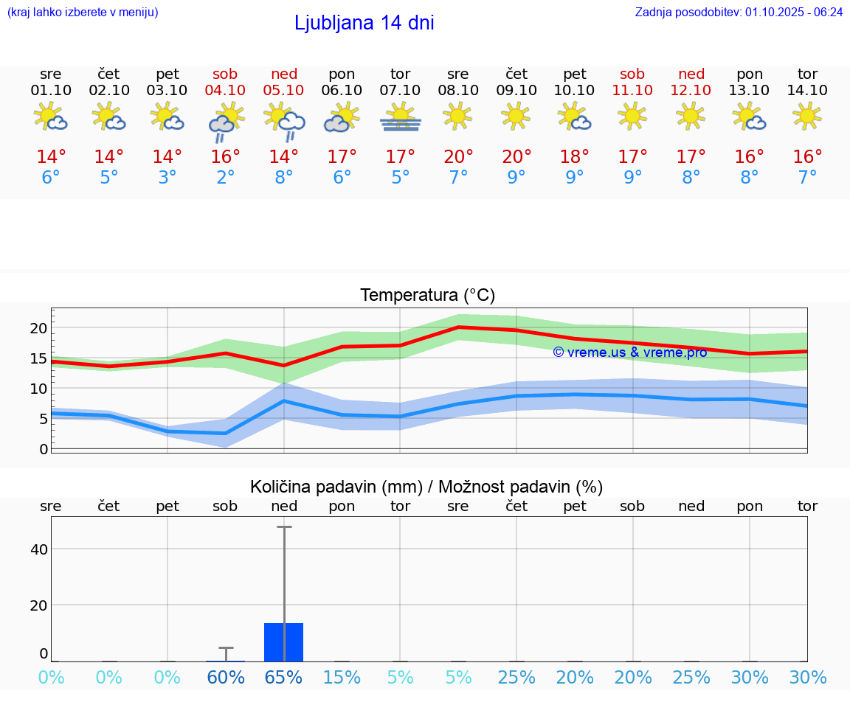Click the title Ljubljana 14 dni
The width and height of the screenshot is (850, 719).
(x=364, y=23)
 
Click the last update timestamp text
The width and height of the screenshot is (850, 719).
(x=739, y=12)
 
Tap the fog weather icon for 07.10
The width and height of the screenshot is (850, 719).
(x=401, y=117)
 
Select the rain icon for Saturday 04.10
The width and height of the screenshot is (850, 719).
(x=225, y=120)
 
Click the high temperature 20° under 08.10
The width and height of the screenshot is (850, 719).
(x=458, y=157)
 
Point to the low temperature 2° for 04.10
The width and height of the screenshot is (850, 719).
(x=225, y=178)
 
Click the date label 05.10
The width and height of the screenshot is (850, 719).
(x=284, y=90)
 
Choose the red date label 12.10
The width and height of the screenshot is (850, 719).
(x=691, y=90)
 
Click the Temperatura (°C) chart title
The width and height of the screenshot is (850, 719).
(x=427, y=296)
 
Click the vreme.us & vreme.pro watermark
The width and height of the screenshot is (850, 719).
(x=629, y=352)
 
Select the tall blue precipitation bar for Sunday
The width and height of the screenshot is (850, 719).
(x=284, y=642)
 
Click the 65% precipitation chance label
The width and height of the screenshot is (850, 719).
(x=284, y=677)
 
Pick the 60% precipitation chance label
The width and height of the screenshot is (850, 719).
(x=225, y=677)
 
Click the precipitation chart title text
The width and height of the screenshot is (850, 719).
(x=426, y=487)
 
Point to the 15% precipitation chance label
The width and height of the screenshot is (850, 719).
(x=342, y=677)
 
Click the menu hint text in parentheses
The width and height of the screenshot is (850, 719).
(x=83, y=12)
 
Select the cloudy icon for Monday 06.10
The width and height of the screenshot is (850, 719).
(x=342, y=118)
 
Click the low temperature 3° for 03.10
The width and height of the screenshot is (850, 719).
(x=167, y=178)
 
